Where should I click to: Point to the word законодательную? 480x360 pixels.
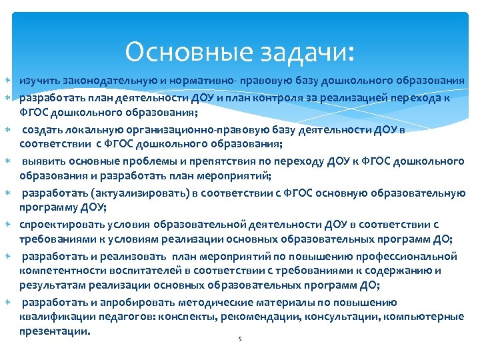(105, 81)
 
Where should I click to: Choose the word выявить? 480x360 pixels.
(45, 161)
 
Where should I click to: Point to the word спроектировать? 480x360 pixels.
(57, 225)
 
